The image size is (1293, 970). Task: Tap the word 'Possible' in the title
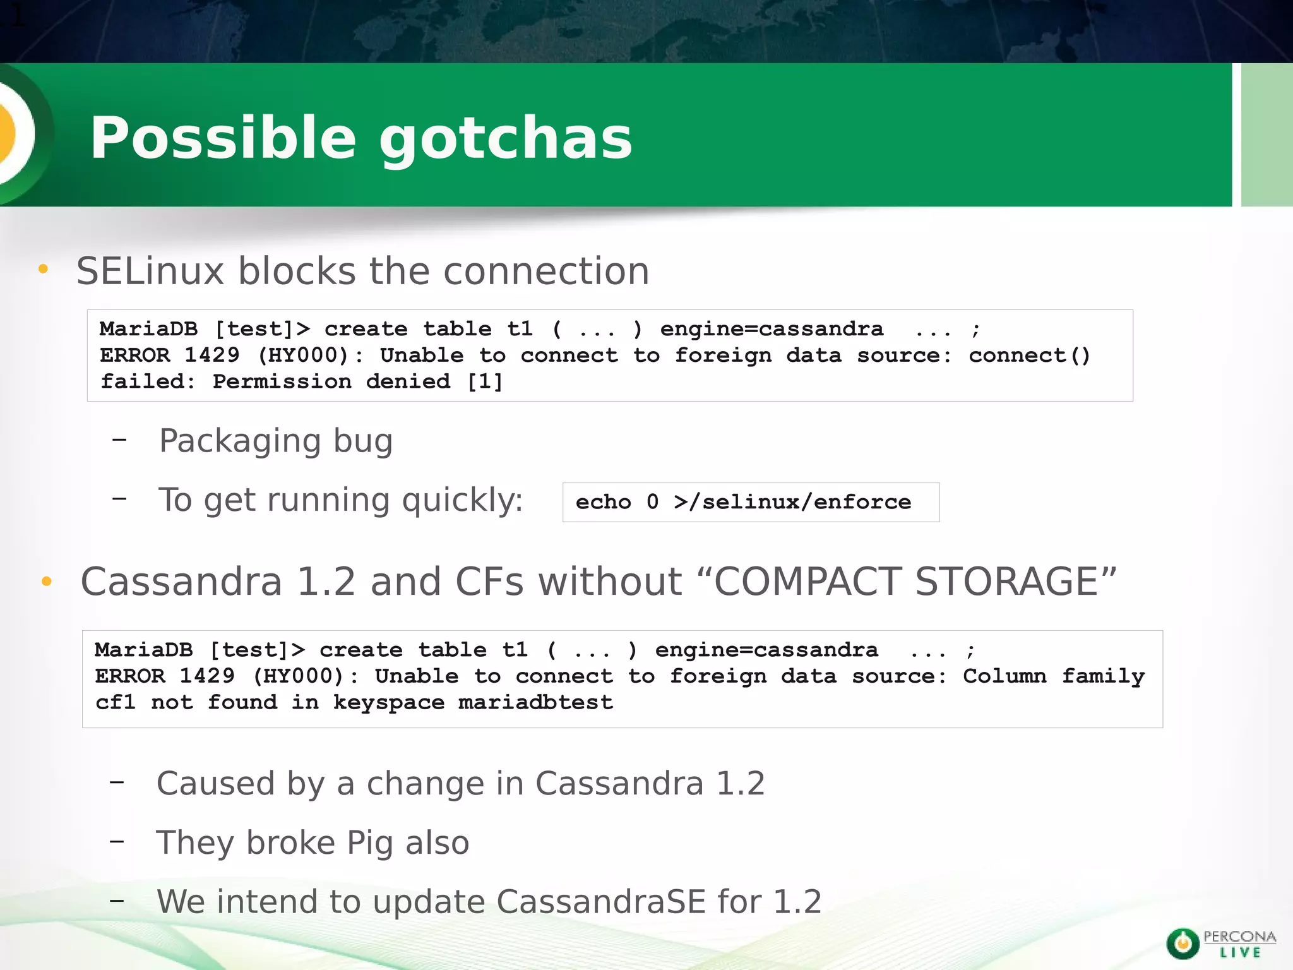click(223, 139)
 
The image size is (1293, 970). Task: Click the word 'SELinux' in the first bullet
click(150, 272)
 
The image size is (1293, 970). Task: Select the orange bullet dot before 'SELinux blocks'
click(43, 270)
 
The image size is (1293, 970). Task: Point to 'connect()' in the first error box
click(1029, 356)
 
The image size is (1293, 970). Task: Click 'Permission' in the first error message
click(282, 381)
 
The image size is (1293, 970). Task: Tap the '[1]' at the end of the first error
click(485, 381)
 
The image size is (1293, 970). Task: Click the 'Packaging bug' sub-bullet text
click(276, 441)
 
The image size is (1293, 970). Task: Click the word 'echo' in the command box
click(603, 502)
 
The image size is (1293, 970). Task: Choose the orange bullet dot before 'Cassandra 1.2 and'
click(46, 582)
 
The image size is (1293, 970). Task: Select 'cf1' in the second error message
click(116, 702)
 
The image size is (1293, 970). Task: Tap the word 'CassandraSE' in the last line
click(600, 902)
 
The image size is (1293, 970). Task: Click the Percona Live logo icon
click(1182, 944)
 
